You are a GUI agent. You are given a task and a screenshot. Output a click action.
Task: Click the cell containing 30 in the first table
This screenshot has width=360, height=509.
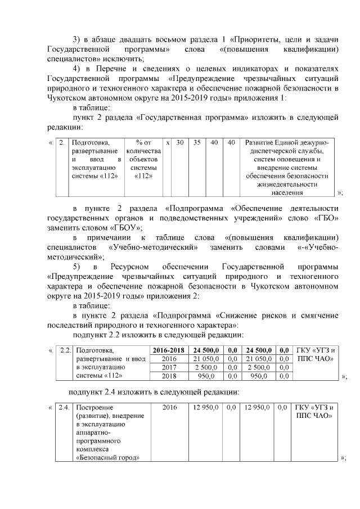[x=180, y=143]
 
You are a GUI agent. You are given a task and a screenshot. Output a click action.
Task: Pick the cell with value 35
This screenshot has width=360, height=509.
[x=197, y=143]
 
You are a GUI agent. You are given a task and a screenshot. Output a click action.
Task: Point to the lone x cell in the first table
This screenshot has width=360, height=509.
[x=168, y=143]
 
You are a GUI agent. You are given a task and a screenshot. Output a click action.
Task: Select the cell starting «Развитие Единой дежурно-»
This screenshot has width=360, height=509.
[x=287, y=168]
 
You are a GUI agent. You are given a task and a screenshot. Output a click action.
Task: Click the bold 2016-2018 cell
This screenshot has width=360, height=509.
[x=169, y=350]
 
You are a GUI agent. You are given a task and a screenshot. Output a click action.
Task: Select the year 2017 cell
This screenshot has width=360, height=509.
[x=169, y=367]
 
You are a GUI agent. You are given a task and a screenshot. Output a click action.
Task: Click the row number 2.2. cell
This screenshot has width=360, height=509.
[x=65, y=350]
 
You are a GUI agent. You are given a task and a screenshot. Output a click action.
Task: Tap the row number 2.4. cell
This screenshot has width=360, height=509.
[x=65, y=407]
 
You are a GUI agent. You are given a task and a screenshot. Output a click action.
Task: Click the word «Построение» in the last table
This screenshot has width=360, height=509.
[x=94, y=407]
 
